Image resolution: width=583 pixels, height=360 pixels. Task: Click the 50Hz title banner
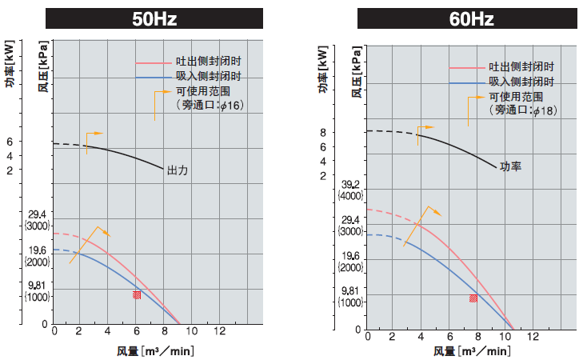[154, 18]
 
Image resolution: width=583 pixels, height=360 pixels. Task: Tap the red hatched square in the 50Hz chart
[137, 294]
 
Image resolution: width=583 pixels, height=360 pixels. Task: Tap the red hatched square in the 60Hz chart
[473, 298]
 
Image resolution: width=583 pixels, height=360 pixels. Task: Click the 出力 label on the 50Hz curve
[177, 170]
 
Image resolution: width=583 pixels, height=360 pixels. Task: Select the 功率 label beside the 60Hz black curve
[510, 166]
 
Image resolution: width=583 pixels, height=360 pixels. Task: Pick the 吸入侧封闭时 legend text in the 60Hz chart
[521, 82]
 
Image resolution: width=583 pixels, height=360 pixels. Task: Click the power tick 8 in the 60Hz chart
[345, 132]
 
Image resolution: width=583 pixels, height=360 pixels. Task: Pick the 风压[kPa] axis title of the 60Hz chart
[357, 71]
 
